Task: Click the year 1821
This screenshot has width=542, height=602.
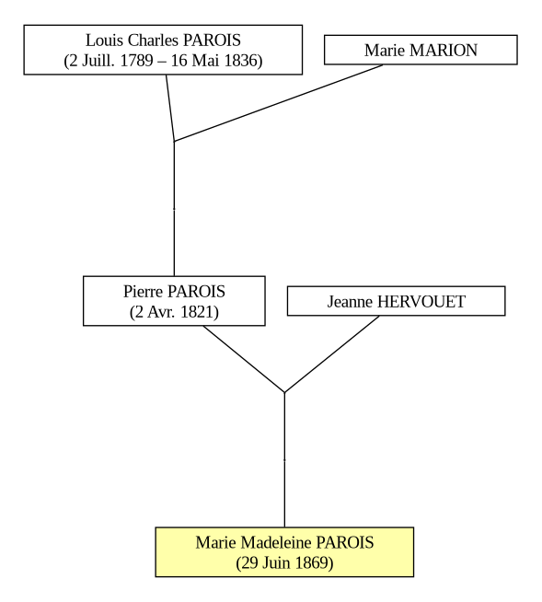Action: tap(196, 312)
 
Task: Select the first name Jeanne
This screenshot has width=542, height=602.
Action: tap(350, 302)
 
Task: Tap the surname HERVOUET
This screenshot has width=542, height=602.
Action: tap(421, 302)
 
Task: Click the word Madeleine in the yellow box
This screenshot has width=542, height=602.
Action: tap(276, 542)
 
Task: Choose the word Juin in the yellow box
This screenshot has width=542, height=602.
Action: tap(276, 563)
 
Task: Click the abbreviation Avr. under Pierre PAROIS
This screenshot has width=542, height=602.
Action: tap(161, 312)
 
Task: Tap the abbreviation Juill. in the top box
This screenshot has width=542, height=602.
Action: tap(98, 61)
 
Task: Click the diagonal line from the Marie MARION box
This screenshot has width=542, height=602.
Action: tap(278, 103)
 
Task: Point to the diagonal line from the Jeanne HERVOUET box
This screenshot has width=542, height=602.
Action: tap(331, 354)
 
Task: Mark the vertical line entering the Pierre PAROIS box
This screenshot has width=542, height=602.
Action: tap(174, 209)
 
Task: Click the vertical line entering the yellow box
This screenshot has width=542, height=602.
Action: tap(284, 460)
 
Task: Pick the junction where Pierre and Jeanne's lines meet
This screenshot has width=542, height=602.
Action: tap(284, 393)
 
